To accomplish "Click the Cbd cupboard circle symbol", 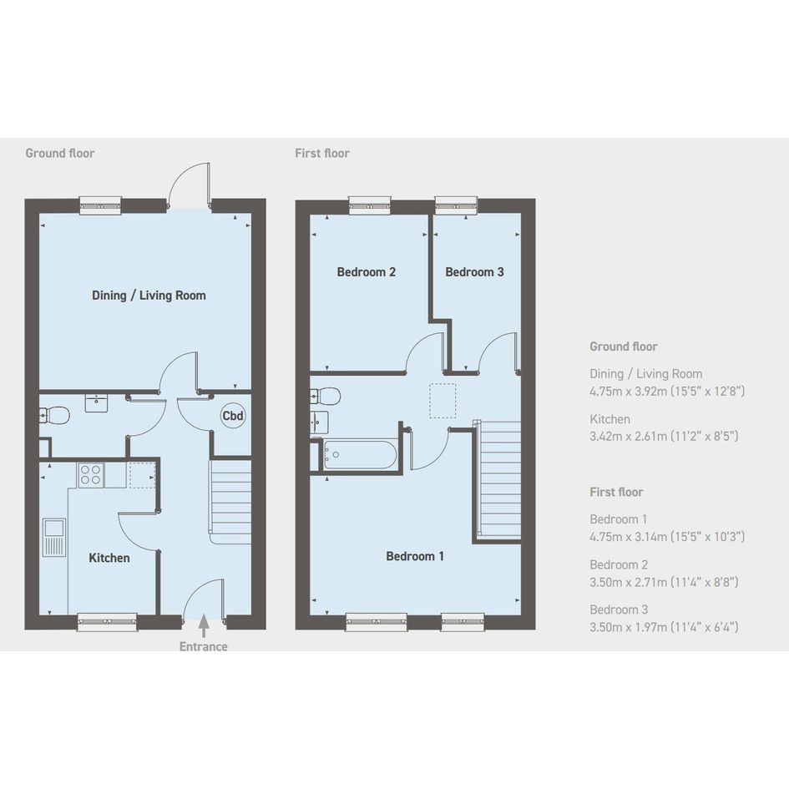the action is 233,416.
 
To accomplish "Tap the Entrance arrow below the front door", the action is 203,625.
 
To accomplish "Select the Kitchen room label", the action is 109,558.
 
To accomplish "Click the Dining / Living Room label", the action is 149,296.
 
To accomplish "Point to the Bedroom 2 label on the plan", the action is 367,272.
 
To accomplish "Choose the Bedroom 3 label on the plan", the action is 474,272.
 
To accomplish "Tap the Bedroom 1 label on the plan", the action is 415,556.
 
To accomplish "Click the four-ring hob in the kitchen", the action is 90,475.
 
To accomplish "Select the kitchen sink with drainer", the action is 53,538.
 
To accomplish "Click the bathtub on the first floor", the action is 360,455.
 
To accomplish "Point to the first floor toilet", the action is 326,396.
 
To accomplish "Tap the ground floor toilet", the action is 55,416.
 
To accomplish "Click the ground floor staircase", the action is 230,501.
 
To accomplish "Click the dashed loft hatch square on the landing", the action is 443,401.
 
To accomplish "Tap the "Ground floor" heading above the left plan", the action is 60,154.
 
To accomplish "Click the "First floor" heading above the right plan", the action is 322,154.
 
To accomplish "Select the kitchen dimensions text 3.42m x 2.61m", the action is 665,437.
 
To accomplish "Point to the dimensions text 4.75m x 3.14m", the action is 667,537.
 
